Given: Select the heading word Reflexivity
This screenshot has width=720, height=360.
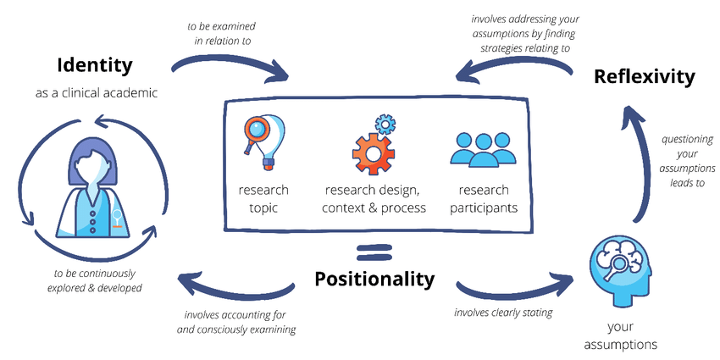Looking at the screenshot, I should click(644, 76).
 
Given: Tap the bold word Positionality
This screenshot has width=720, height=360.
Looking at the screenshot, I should click(374, 279).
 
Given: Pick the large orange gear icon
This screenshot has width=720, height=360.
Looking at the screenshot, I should click(373, 152).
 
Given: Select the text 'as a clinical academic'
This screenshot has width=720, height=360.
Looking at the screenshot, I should click(96, 92).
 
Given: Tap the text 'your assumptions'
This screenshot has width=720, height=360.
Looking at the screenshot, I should click(621, 335).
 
